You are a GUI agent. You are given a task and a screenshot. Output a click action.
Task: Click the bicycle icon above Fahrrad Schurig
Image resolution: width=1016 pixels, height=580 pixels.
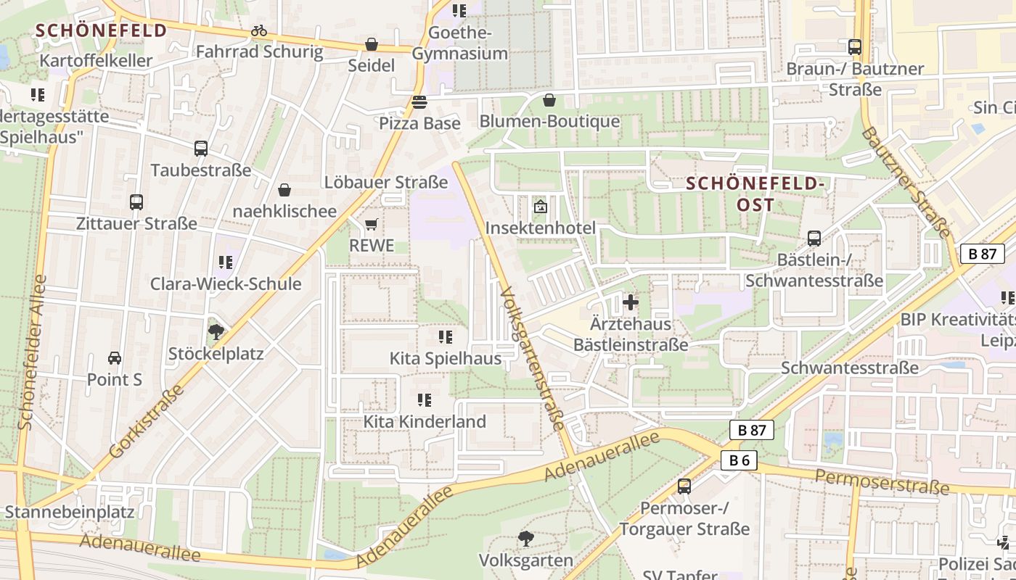tap(259, 31)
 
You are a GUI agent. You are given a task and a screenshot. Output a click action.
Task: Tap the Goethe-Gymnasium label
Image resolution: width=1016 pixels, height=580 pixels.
tap(460, 43)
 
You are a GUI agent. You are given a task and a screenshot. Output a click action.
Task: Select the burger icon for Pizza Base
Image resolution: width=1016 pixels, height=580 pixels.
tap(419, 102)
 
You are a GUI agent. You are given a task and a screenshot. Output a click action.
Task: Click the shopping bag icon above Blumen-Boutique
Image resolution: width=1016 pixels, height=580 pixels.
tap(549, 100)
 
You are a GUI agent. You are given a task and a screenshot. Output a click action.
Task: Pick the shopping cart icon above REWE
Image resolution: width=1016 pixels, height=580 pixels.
tap(372, 225)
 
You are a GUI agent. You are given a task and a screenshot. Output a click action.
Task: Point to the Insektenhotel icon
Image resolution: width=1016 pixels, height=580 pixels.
tap(541, 207)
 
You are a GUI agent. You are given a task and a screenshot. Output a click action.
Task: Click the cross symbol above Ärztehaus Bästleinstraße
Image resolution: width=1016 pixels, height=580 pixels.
tap(631, 302)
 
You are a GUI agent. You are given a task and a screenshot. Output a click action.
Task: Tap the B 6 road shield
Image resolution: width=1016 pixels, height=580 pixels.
tap(740, 460)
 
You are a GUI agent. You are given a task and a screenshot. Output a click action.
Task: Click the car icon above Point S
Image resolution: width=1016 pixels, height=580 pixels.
tap(115, 358)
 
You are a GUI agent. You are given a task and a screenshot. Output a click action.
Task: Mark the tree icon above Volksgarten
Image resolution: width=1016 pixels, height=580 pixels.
tap(526, 539)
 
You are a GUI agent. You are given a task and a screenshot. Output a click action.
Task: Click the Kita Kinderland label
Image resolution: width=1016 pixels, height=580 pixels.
tap(425, 421)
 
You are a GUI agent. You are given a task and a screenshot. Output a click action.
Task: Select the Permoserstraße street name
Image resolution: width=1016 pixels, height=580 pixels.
tap(882, 481)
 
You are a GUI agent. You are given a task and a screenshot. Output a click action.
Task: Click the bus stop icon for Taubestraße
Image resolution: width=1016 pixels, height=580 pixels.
tap(201, 149)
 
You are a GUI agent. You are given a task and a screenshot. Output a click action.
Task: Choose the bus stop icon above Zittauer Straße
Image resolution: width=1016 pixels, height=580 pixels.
tap(136, 202)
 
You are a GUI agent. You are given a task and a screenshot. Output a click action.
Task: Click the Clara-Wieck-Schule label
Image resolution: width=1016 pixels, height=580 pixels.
tap(226, 283)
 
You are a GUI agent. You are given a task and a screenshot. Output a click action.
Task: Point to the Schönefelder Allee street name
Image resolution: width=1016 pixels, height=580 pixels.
tap(32, 352)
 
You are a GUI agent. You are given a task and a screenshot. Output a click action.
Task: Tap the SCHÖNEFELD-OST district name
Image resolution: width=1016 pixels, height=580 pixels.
tap(755, 194)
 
